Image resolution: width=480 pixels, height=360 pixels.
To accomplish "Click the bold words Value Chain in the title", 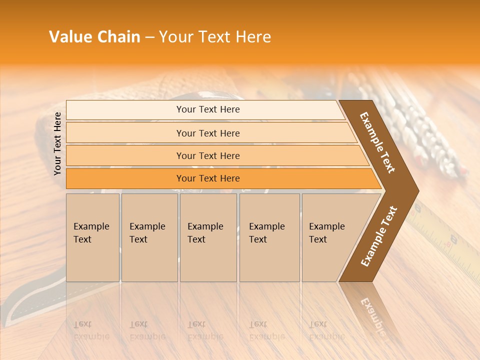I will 94,37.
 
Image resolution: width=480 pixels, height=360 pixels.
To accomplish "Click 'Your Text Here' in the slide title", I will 215,37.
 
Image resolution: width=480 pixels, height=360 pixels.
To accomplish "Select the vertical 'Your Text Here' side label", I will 58,144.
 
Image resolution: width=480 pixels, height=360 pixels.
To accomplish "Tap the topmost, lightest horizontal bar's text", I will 208,109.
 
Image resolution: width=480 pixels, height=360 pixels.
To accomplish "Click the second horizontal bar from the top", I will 208,133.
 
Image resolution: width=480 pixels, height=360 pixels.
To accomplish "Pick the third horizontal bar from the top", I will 208,155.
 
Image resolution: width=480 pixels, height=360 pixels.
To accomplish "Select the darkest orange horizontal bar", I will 208,178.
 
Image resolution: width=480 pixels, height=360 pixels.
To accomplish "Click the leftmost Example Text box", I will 92,237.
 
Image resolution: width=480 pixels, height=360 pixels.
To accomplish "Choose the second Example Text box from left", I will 149,237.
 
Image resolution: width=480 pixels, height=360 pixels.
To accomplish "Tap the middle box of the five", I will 208,237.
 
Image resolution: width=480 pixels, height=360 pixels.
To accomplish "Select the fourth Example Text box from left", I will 269,237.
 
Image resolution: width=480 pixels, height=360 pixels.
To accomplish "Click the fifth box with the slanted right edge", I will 330,237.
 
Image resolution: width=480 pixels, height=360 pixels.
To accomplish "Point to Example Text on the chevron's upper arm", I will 377,142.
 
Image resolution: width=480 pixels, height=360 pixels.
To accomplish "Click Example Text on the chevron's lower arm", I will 378,236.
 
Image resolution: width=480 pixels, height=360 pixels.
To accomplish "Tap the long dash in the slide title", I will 149,37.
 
